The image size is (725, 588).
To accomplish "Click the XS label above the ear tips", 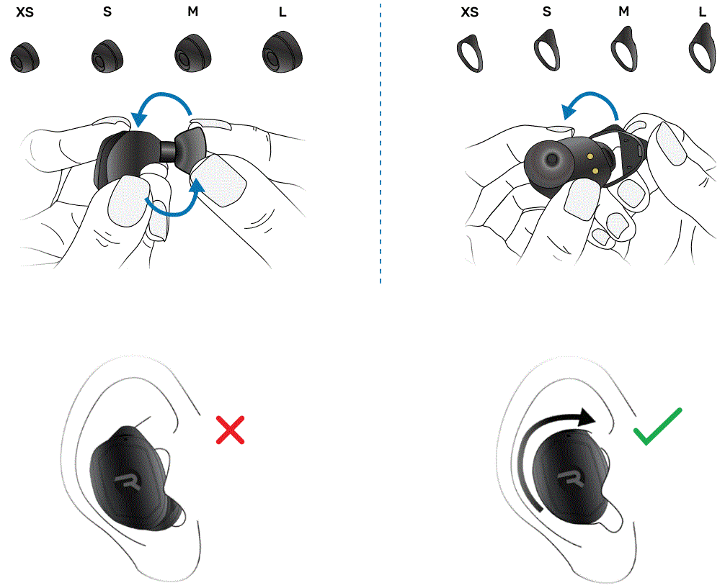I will click(25, 12).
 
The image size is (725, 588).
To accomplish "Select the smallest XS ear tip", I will click(25, 57).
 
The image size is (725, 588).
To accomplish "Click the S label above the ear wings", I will click(548, 12).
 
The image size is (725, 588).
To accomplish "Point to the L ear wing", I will click(700, 49).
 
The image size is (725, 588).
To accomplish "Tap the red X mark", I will click(230, 430).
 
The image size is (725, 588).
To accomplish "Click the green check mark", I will click(657, 426).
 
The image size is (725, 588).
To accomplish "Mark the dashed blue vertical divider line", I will click(381, 144).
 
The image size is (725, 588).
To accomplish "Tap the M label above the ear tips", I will click(192, 12).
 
